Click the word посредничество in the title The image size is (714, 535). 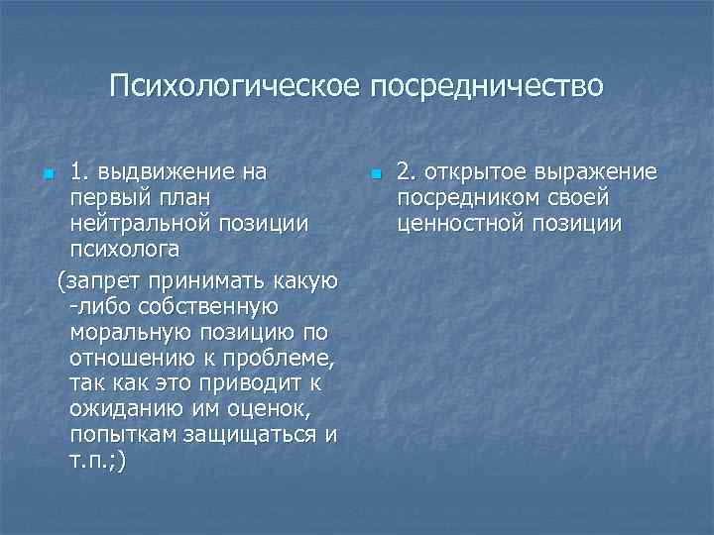pos(486,85)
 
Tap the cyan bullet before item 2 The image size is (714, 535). pos(375,176)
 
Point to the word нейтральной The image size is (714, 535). pos(142,224)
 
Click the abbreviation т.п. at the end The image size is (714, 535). pos(94,461)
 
